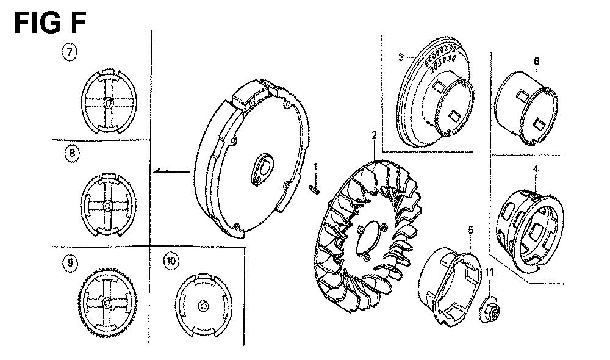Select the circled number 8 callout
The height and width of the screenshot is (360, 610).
(72, 154)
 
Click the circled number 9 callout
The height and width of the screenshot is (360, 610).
(72, 263)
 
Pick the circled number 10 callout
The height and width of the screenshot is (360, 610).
(171, 262)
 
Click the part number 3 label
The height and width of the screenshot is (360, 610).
(401, 57)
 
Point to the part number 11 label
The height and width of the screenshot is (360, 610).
(488, 272)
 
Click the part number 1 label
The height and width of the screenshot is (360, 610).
(315, 166)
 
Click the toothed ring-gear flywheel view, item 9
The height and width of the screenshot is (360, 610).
(107, 303)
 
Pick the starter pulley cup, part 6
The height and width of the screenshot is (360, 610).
(526, 107)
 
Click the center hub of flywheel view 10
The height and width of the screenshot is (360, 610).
(203, 303)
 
